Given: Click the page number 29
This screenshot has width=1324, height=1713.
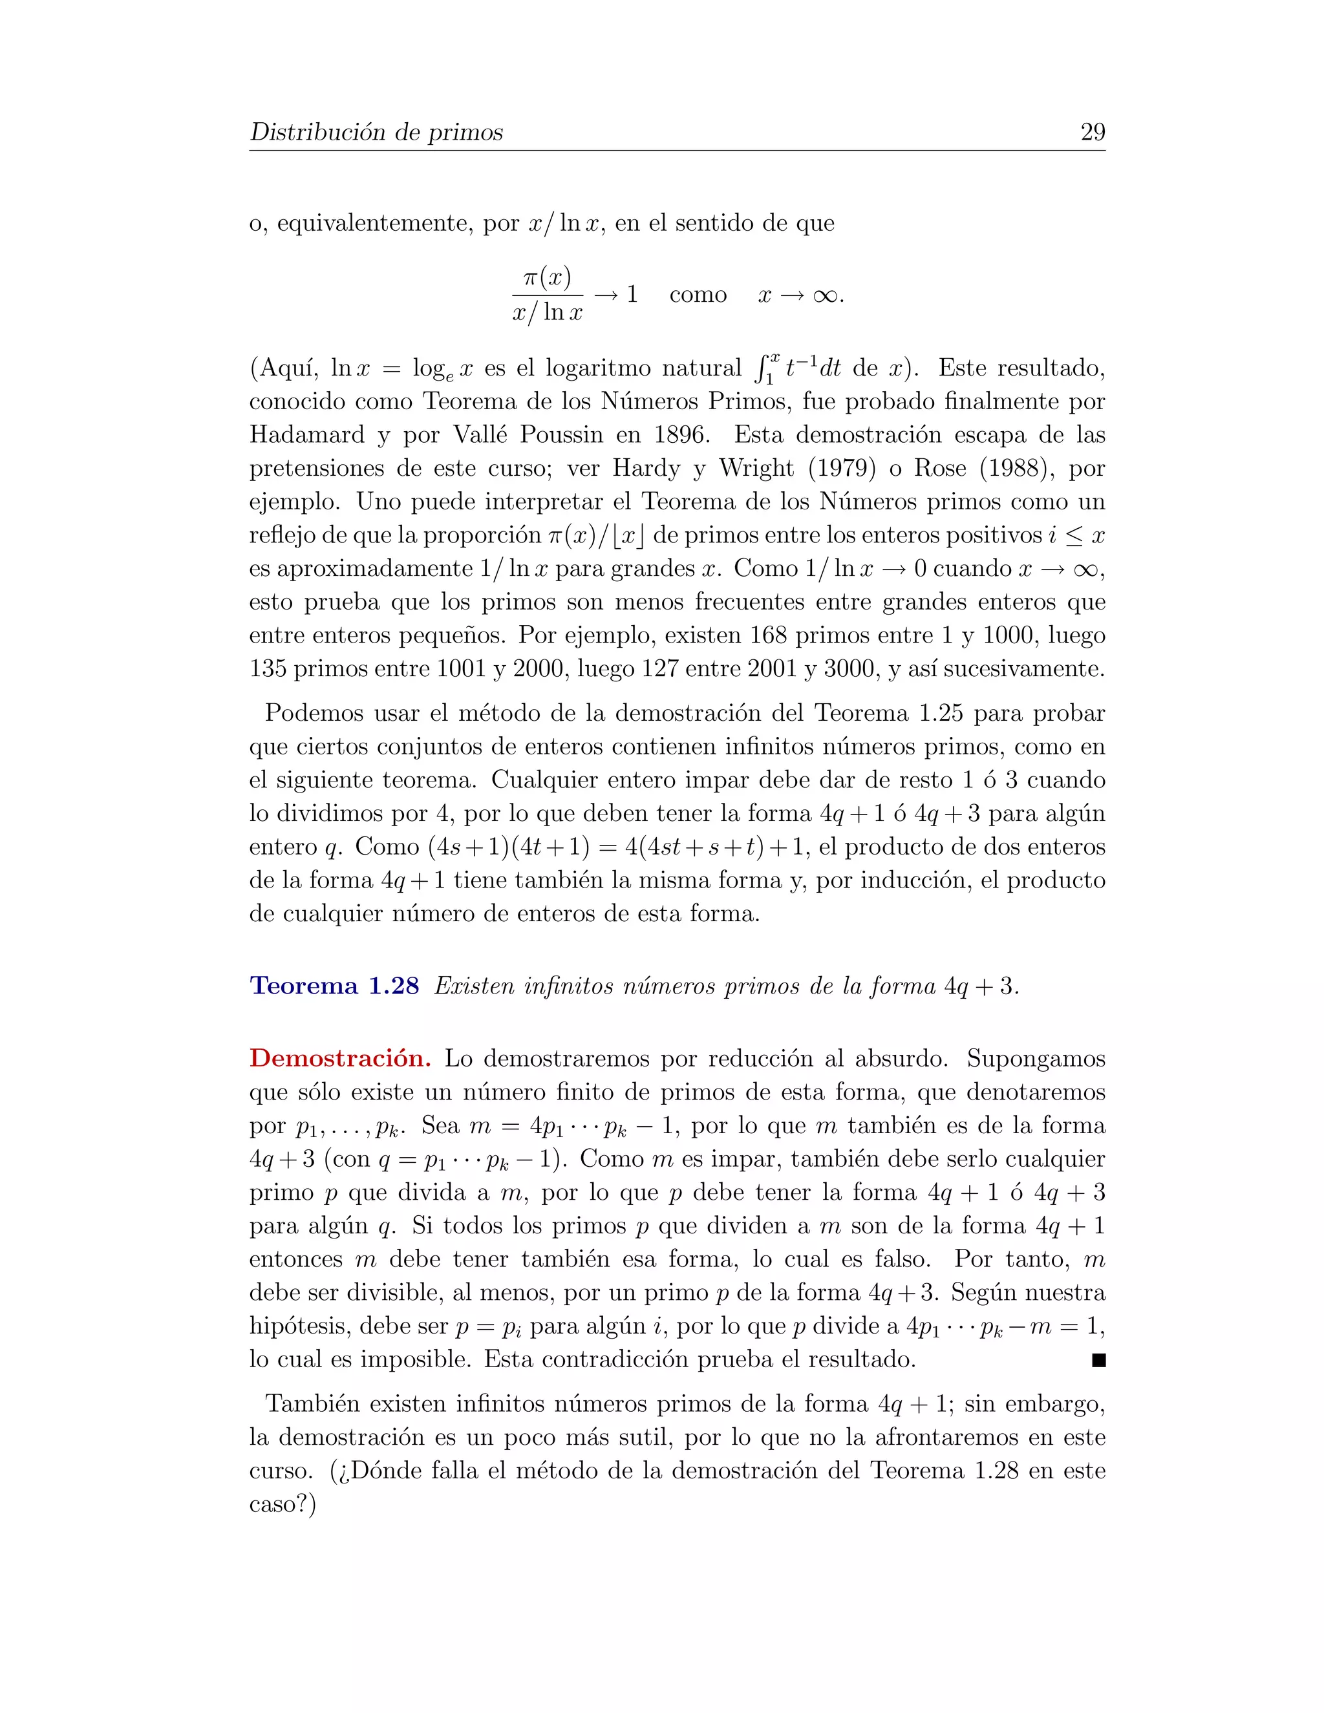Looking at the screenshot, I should coord(1092,132).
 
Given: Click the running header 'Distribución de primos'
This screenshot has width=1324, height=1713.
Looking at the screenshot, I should coord(376,132).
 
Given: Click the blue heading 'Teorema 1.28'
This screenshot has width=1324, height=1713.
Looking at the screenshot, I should coord(334,986).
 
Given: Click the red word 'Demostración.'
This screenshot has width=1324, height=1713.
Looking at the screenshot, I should coord(339,1059).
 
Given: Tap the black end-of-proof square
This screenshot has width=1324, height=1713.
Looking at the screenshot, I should coord(1098,1360).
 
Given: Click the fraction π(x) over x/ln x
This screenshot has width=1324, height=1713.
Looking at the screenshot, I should coord(547,295).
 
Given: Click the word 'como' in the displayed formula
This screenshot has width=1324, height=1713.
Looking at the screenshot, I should coord(698,295).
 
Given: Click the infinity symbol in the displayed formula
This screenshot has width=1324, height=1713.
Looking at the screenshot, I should coord(824,295).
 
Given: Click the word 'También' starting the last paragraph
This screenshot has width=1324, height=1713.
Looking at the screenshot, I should coord(312,1404).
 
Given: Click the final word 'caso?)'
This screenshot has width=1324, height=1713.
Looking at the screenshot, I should coord(283,1504).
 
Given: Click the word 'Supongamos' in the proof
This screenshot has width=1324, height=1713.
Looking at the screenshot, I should coord(1036,1059).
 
